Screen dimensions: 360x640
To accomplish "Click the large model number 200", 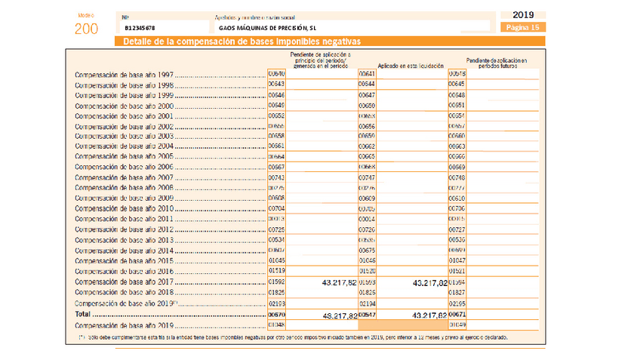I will (86, 29).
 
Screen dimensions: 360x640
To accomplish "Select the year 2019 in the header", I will (522, 14).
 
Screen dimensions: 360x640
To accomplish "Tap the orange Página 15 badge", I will (522, 27).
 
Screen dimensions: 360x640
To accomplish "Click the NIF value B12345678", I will (142, 28).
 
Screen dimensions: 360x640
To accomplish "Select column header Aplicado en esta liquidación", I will (411, 66).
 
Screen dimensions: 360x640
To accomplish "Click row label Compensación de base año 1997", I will (125, 75).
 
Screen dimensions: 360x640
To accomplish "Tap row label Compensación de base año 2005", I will (125, 156).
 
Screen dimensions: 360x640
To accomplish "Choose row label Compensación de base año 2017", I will (125, 282).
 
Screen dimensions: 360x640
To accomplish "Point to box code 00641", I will (367, 74).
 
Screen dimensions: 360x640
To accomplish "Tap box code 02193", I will (276, 303).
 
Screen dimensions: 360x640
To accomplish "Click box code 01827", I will (457, 292).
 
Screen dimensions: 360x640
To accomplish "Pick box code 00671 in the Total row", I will (457, 312).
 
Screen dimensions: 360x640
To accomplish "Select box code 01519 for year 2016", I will (276, 271).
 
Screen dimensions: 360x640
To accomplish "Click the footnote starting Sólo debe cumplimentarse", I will (294, 337).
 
